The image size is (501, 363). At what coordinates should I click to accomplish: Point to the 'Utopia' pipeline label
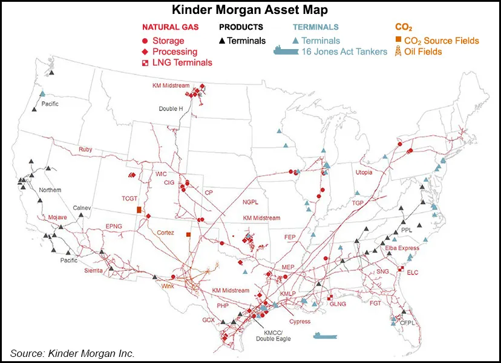pos(364,173)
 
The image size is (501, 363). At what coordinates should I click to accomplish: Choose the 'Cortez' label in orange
pos(165,232)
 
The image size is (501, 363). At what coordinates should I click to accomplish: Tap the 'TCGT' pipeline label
pos(129,198)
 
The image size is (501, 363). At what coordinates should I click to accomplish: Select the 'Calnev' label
pos(82,208)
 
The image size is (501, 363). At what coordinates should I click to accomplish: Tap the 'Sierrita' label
pos(93,270)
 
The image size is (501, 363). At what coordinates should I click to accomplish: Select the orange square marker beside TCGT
pos(139,210)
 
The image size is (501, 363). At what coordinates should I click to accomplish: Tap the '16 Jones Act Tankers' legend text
pos(344,52)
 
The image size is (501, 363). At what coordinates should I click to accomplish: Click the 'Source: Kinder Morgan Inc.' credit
pos(72,353)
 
